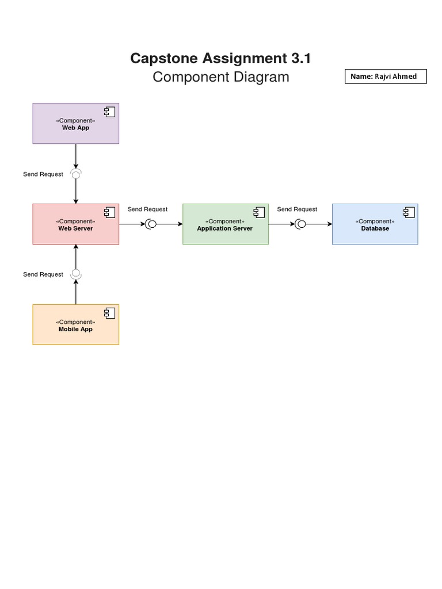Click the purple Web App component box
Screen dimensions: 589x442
(75, 124)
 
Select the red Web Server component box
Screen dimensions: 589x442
(75, 224)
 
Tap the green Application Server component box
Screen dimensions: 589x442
(225, 224)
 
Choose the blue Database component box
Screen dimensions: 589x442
(375, 224)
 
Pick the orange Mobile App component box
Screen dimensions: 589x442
(75, 325)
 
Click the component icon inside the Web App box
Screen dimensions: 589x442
(109, 112)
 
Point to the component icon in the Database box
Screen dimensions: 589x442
(409, 213)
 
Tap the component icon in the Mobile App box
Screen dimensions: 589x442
(109, 313)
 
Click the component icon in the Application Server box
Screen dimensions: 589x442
(259, 213)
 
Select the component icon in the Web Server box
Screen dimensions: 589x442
(109, 213)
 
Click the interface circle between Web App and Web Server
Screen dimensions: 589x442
(75, 173)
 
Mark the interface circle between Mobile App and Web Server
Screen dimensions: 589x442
(75, 274)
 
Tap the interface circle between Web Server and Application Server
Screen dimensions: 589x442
(152, 224)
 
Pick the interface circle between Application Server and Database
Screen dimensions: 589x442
(301, 224)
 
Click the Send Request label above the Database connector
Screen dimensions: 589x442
(297, 209)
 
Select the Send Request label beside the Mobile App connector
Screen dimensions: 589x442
(43, 274)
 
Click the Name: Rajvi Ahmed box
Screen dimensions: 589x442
(386, 77)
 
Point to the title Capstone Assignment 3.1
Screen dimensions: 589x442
(220, 58)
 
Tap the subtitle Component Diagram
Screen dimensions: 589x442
(220, 77)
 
